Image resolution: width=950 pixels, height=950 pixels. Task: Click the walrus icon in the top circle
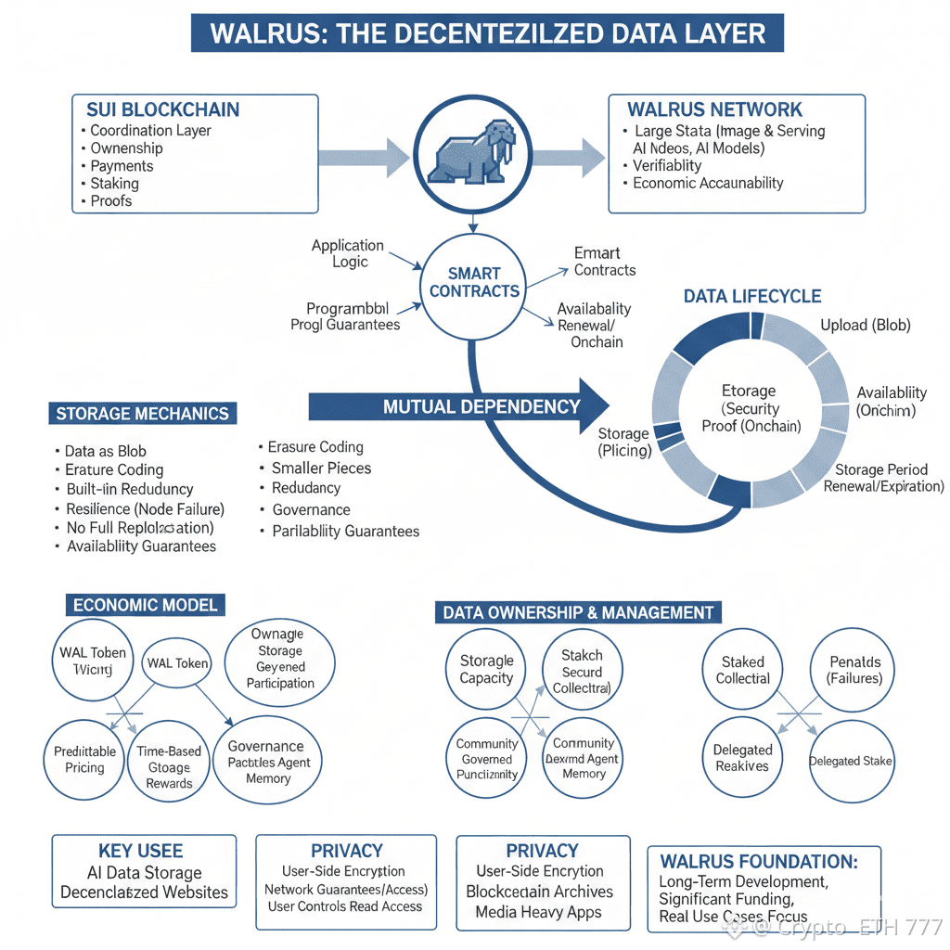pos(474,151)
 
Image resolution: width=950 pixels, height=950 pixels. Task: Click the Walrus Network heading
pos(714,109)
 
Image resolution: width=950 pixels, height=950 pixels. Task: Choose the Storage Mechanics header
pos(143,414)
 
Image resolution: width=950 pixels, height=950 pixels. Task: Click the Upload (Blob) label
pos(865,325)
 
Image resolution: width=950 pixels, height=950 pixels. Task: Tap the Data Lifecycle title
pos(751,297)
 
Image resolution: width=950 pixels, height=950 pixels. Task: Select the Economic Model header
pos(145,605)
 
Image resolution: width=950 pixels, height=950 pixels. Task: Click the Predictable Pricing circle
pos(85,760)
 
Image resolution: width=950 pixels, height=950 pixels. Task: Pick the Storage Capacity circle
pos(486,670)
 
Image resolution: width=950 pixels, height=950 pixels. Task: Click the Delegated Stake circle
pos(851,761)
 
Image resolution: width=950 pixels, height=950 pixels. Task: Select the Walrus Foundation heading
pos(758,861)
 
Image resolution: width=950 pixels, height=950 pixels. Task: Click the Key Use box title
pos(140,851)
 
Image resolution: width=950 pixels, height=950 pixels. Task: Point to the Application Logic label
pos(348,253)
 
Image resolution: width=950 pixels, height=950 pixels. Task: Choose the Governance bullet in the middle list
pos(311,509)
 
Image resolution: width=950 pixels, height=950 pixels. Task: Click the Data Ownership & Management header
pos(578,612)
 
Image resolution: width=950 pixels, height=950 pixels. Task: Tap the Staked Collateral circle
pos(742,670)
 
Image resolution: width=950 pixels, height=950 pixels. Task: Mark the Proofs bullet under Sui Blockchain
pos(111,201)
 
